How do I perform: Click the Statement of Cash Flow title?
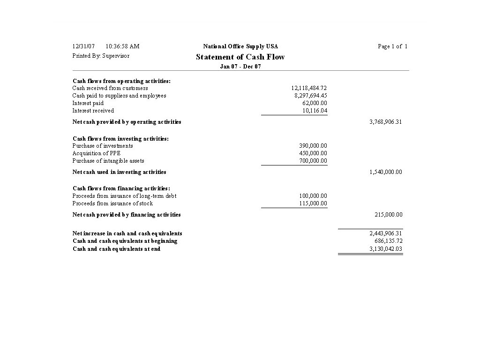point(240,57)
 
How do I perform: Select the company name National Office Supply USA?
point(240,46)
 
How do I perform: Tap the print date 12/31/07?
point(83,46)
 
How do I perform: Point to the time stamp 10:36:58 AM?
point(122,46)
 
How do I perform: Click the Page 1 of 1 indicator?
point(392,46)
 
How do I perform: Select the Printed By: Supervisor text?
point(101,56)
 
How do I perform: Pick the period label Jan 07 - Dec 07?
point(240,67)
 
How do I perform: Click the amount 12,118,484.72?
point(309,88)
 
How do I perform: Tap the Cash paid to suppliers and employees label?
point(119,96)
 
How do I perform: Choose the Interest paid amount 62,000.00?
point(315,103)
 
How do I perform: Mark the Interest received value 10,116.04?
point(315,111)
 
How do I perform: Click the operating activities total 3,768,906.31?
point(385,122)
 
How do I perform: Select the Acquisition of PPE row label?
point(96,153)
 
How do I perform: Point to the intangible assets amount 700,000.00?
point(313,161)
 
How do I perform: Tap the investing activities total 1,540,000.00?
point(385,172)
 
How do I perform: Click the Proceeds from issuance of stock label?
point(112,203)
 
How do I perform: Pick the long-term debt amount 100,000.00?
point(313,196)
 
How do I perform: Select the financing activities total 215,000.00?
point(388,215)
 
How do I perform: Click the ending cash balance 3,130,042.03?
point(386,249)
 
